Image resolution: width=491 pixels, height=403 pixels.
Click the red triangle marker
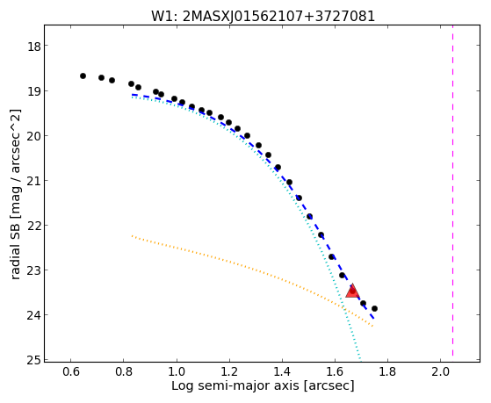click(352, 291)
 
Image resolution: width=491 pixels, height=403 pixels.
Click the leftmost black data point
click(83, 76)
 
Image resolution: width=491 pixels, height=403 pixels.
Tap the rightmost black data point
click(374, 308)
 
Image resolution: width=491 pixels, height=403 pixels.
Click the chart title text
click(263, 16)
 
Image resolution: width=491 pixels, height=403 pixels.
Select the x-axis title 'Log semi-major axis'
click(235, 385)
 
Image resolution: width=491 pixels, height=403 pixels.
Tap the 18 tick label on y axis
click(33, 47)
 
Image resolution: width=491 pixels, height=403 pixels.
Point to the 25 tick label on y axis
click(33, 360)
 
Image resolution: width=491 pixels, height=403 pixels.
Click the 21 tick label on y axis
click(33, 181)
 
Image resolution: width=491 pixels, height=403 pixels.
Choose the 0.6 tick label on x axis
click(71, 372)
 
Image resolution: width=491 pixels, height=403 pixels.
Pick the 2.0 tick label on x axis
click(440, 372)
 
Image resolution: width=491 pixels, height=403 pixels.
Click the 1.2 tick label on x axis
click(229, 372)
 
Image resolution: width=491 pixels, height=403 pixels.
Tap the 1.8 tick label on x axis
click(387, 372)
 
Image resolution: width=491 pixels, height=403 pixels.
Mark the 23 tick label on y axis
click(33, 270)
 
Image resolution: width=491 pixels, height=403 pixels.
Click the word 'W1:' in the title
click(165, 16)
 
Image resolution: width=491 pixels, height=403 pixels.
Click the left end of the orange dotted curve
click(132, 235)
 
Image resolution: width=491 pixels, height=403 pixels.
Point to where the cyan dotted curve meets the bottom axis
click(360, 362)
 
